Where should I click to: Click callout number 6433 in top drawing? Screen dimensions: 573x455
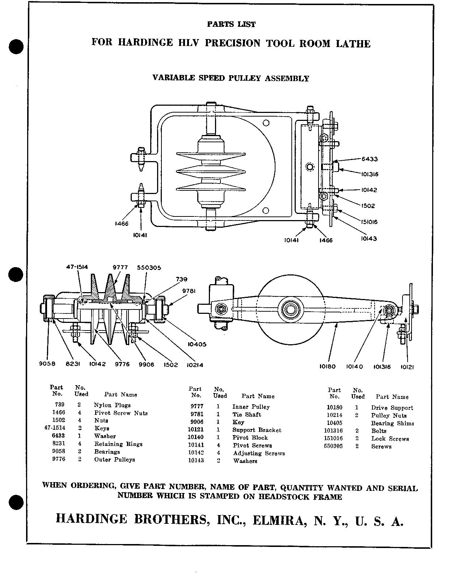coord(370,159)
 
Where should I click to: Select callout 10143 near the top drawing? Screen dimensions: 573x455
coord(369,239)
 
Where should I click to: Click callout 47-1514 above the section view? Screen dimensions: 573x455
coord(77,267)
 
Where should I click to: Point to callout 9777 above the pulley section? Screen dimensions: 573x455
coord(120,267)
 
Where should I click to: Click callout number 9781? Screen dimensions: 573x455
coord(189,291)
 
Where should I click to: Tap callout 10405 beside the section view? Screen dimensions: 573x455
coord(197,344)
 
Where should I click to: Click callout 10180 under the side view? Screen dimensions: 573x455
coord(328,367)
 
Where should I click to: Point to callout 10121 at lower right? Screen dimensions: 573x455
coord(407,367)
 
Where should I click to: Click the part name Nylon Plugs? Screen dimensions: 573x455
coord(112,405)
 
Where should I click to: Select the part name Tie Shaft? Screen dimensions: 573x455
coord(247,414)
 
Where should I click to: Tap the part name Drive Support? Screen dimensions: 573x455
coord(392,408)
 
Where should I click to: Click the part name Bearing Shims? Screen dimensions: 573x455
coord(392,423)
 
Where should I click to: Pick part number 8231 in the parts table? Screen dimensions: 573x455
coord(59,444)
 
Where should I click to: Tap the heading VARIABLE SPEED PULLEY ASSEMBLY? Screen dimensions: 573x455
coord(231,78)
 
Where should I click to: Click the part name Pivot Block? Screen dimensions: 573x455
coord(250,438)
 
